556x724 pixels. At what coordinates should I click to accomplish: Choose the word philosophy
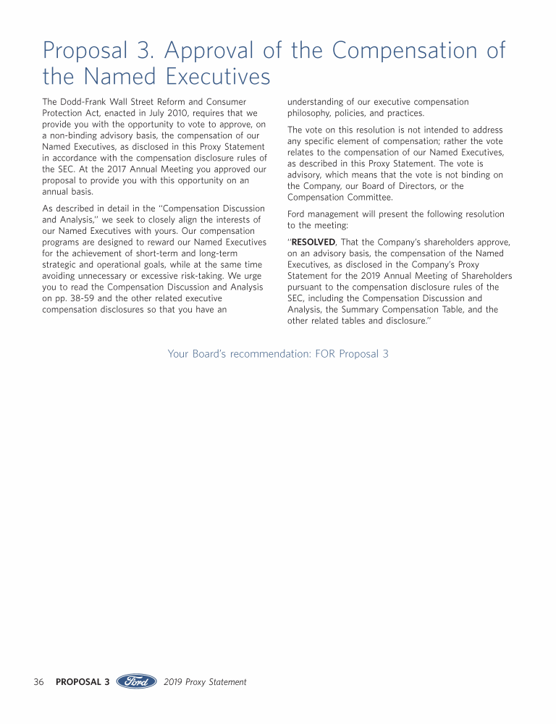coord(311,114)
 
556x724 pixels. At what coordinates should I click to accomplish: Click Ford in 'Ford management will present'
coord(298,214)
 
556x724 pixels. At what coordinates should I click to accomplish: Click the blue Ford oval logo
coord(137,682)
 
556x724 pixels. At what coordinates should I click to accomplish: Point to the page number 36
coord(39,682)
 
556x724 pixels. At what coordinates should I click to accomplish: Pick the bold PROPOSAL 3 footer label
coord(83,682)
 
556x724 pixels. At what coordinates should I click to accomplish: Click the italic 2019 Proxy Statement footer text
coord(205,682)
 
